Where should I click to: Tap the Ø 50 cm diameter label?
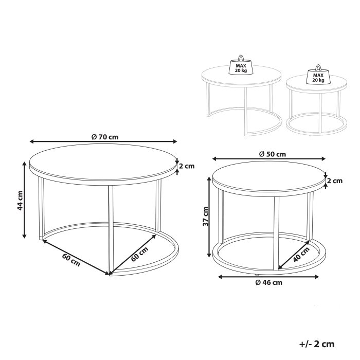tap(273, 154)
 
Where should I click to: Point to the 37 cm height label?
tap(206, 217)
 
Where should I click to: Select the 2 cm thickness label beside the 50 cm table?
tap(335, 181)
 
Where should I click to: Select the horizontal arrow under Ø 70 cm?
tap(103, 141)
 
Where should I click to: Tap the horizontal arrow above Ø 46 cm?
tap(270, 277)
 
